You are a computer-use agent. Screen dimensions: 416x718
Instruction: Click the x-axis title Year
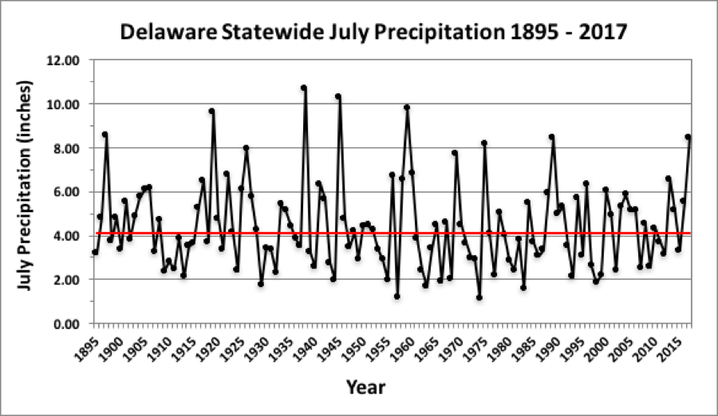(x=365, y=388)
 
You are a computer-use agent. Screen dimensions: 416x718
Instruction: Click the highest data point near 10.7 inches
(x=304, y=88)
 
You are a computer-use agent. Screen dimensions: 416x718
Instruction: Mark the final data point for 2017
(x=688, y=137)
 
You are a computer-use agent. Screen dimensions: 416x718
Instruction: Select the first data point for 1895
(x=95, y=252)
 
